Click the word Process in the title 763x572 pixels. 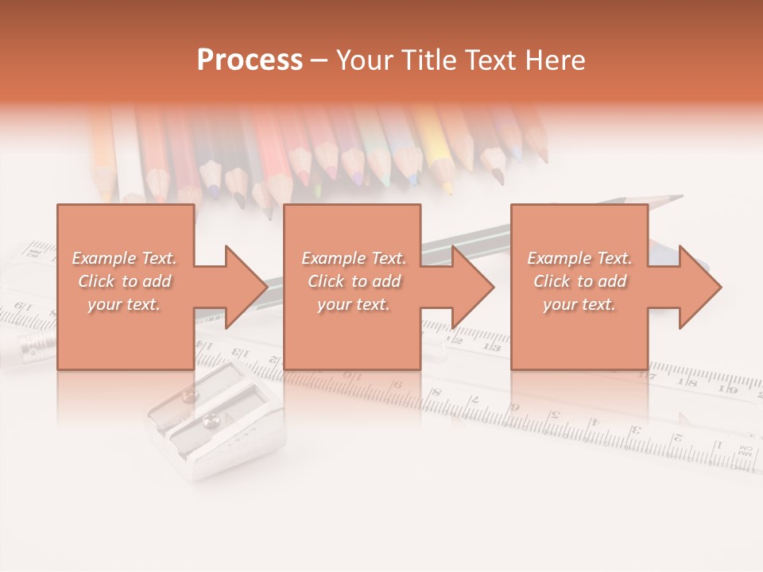click(250, 60)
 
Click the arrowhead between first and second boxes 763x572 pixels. click(246, 287)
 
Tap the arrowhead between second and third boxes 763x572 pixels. click(473, 287)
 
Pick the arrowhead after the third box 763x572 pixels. click(699, 287)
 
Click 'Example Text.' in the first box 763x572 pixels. click(124, 258)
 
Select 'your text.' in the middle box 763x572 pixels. click(353, 304)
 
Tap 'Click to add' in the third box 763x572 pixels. click(580, 281)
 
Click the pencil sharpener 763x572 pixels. click(215, 429)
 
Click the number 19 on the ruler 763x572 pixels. click(726, 388)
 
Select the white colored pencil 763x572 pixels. click(129, 151)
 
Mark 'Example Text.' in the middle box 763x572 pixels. click(354, 258)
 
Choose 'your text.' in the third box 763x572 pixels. click(579, 304)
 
